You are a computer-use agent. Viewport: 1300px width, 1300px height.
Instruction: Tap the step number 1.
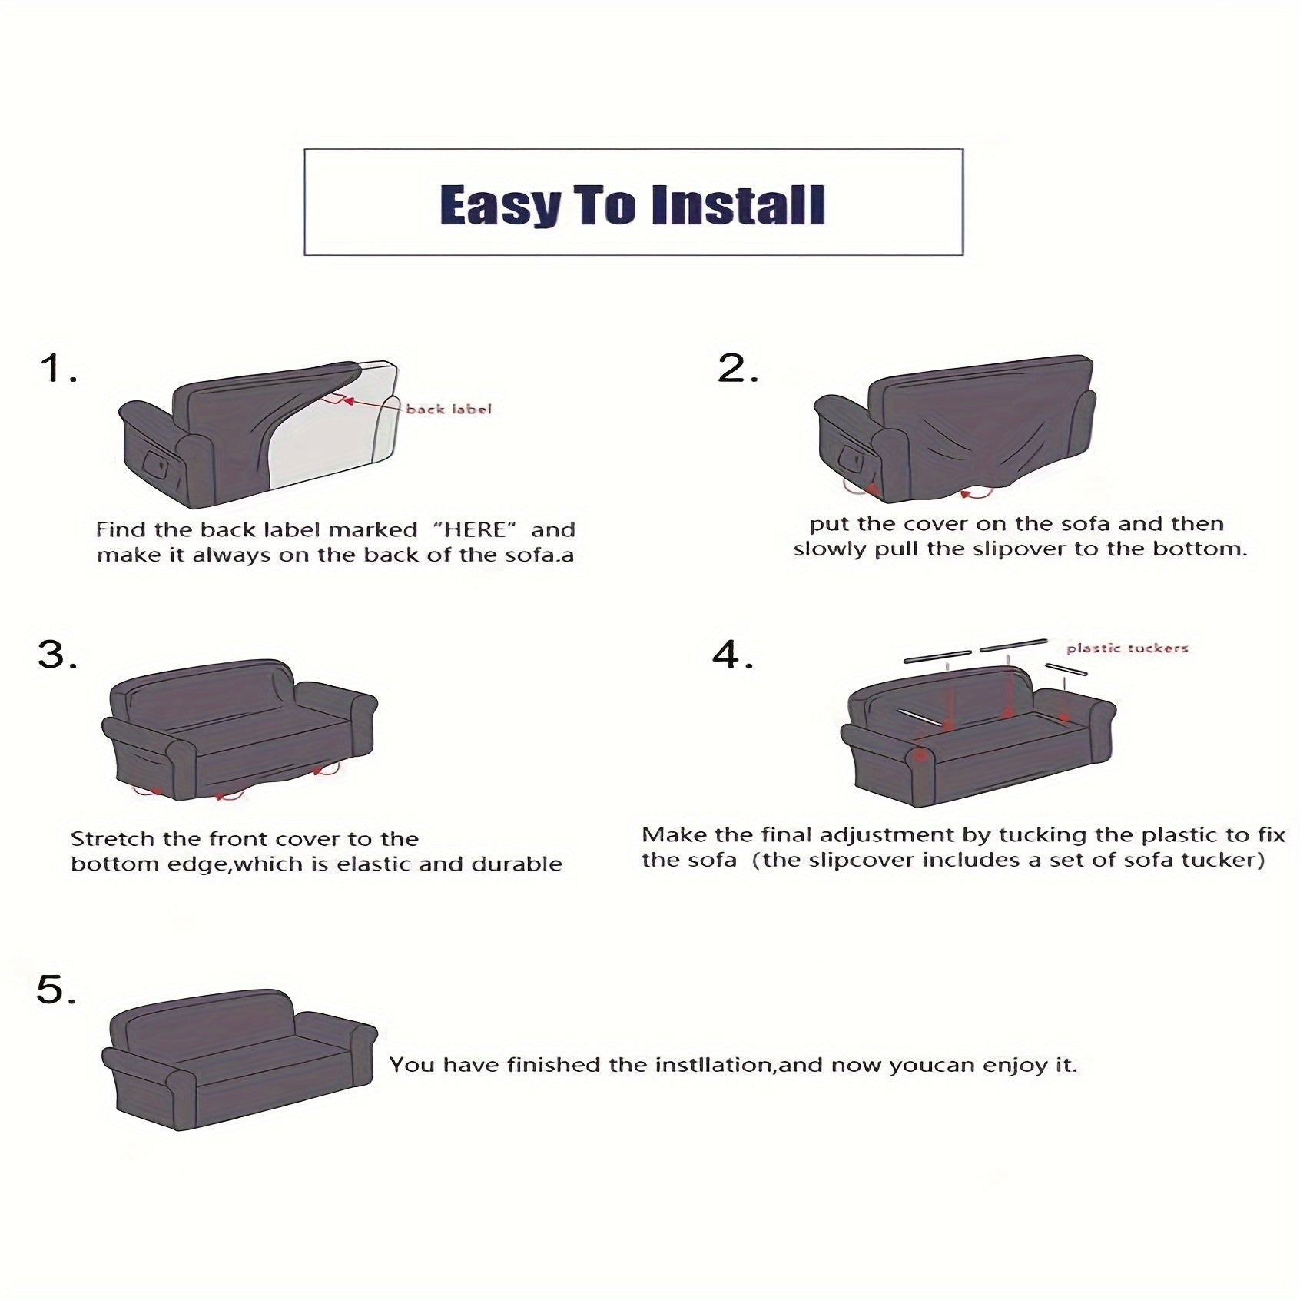(58, 369)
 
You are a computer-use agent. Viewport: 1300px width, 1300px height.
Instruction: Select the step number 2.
(738, 368)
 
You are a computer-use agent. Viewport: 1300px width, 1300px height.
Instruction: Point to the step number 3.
(58, 655)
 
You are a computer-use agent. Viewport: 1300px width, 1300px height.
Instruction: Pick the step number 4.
(733, 655)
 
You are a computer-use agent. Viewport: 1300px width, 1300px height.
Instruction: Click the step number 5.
(56, 990)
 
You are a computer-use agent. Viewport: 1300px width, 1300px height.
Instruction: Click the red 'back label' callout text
(449, 409)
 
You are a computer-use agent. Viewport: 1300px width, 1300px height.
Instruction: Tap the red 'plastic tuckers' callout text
(1127, 648)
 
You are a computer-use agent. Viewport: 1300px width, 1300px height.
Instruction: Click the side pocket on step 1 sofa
(157, 463)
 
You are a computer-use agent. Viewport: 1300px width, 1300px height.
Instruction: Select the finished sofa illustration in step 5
(240, 1060)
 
